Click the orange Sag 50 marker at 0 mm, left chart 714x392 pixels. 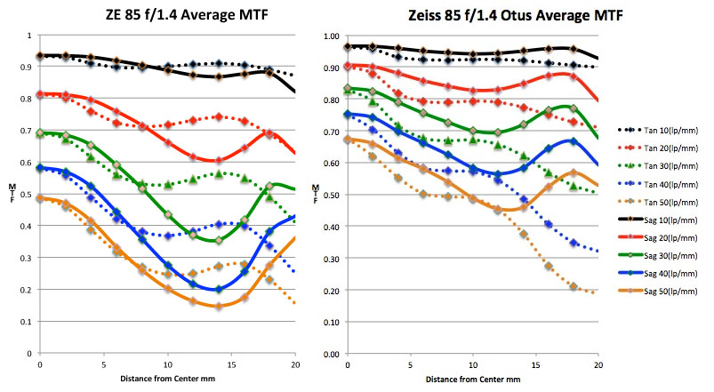tap(40, 198)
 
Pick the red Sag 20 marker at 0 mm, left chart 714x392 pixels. tap(40, 94)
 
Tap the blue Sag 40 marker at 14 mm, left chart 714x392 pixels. tap(219, 289)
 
